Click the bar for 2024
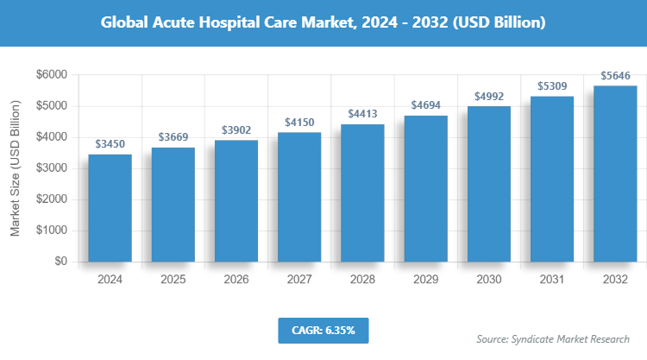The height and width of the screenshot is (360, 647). pos(110,208)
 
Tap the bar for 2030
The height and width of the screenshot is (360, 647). pos(488,184)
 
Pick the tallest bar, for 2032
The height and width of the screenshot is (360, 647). pos(614,174)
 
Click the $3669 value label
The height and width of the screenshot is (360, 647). pos(173,137)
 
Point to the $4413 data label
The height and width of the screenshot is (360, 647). pos(362,114)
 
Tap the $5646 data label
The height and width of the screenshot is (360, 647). pos(614,75)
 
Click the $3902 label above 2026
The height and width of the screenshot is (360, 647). pos(236,129)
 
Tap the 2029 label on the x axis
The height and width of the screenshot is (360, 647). pos(425,280)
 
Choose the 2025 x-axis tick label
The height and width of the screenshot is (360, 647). pos(173,280)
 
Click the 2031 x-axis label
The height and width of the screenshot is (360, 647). pos(551,280)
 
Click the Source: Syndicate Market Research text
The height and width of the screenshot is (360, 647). pos(553,338)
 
